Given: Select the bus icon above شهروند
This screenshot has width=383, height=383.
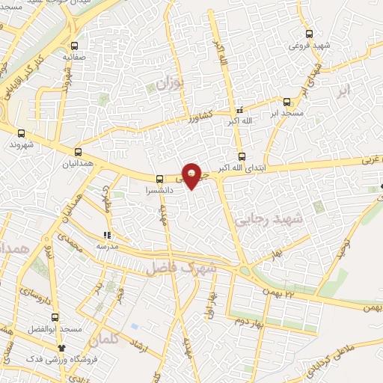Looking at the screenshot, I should (x=21, y=133).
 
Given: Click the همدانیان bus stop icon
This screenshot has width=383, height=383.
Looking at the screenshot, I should (x=79, y=150).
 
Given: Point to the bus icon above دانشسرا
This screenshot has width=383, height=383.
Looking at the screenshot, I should (x=159, y=179).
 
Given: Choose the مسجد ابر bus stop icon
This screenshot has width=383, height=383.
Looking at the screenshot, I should (x=287, y=101).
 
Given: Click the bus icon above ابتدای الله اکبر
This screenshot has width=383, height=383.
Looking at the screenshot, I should (x=241, y=157).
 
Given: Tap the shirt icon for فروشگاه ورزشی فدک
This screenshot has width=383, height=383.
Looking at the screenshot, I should (x=62, y=348).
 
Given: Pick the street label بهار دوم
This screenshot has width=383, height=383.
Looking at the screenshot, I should (x=251, y=320).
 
